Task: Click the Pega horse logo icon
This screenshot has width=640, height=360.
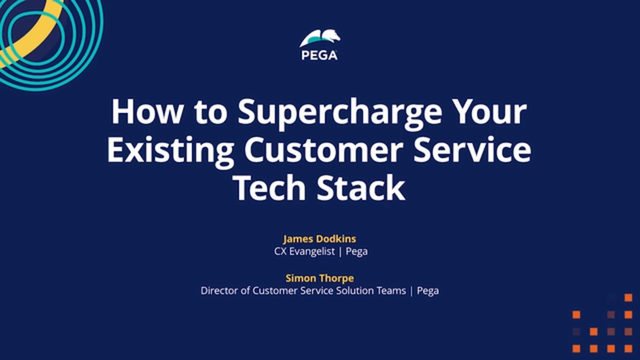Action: pos(320,39)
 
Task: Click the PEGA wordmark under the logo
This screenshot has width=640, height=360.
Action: pos(320,57)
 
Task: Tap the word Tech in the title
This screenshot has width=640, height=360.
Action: pos(268,190)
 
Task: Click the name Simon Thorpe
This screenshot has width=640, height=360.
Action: pos(320,278)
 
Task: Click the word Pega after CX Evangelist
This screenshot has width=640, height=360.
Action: pos(355,253)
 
